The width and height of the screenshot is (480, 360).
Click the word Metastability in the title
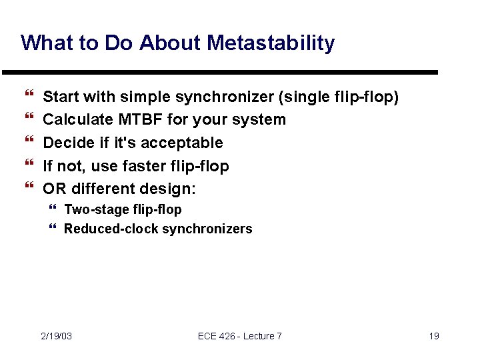[x=271, y=43]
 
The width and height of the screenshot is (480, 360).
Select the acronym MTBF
[x=135, y=120]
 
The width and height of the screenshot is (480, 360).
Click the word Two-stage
[x=92, y=210]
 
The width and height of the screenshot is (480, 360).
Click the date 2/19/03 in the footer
[x=56, y=336]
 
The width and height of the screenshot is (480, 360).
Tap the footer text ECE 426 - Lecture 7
[x=239, y=336]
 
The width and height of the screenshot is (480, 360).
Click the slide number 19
[x=433, y=336]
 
